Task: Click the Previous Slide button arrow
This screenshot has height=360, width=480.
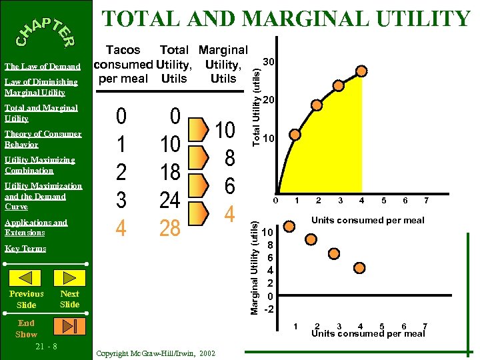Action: [27, 277]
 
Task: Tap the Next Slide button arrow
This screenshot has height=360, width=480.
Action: [70, 277]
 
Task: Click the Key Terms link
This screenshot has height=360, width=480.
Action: [25, 249]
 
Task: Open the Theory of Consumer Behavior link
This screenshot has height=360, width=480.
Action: [43, 139]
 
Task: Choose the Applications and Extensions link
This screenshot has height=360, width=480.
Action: [36, 227]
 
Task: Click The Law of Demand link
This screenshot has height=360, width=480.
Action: [43, 67]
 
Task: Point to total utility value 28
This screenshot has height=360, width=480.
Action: [170, 229]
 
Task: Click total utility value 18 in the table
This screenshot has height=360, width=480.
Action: [170, 172]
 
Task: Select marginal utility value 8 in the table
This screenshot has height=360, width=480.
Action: [229, 158]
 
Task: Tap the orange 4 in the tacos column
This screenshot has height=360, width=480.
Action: [121, 229]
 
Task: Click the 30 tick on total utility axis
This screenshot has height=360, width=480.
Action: [269, 61]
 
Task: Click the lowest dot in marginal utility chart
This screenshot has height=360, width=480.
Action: [359, 268]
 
